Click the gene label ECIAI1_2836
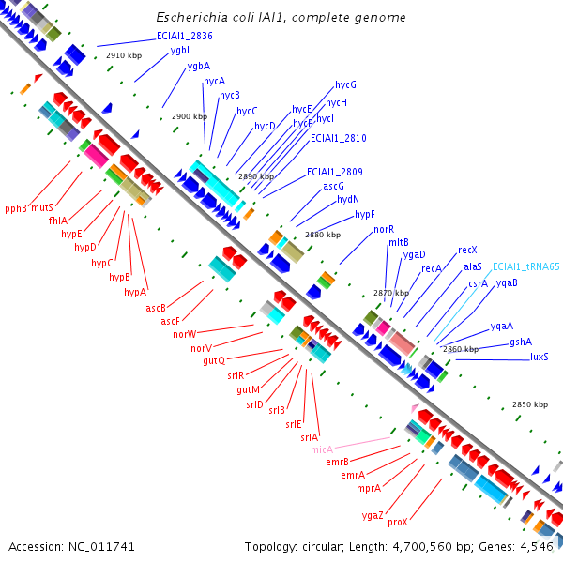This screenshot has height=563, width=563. point(184,36)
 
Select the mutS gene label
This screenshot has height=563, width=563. point(41,207)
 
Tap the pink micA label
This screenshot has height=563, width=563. point(322,449)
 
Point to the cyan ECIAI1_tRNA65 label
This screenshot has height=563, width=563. point(525,266)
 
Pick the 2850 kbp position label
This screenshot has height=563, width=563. point(530,404)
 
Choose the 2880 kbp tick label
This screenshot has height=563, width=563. point(323,235)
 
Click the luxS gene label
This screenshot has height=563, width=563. point(540,357)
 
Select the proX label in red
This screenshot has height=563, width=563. point(398,522)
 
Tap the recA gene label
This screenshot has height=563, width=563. point(432,268)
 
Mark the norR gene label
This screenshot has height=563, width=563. point(384,229)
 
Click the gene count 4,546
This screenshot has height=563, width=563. point(536,546)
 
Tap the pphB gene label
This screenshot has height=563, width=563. point(16,208)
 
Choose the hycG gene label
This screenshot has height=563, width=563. point(345,85)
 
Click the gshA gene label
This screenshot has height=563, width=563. point(521,342)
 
